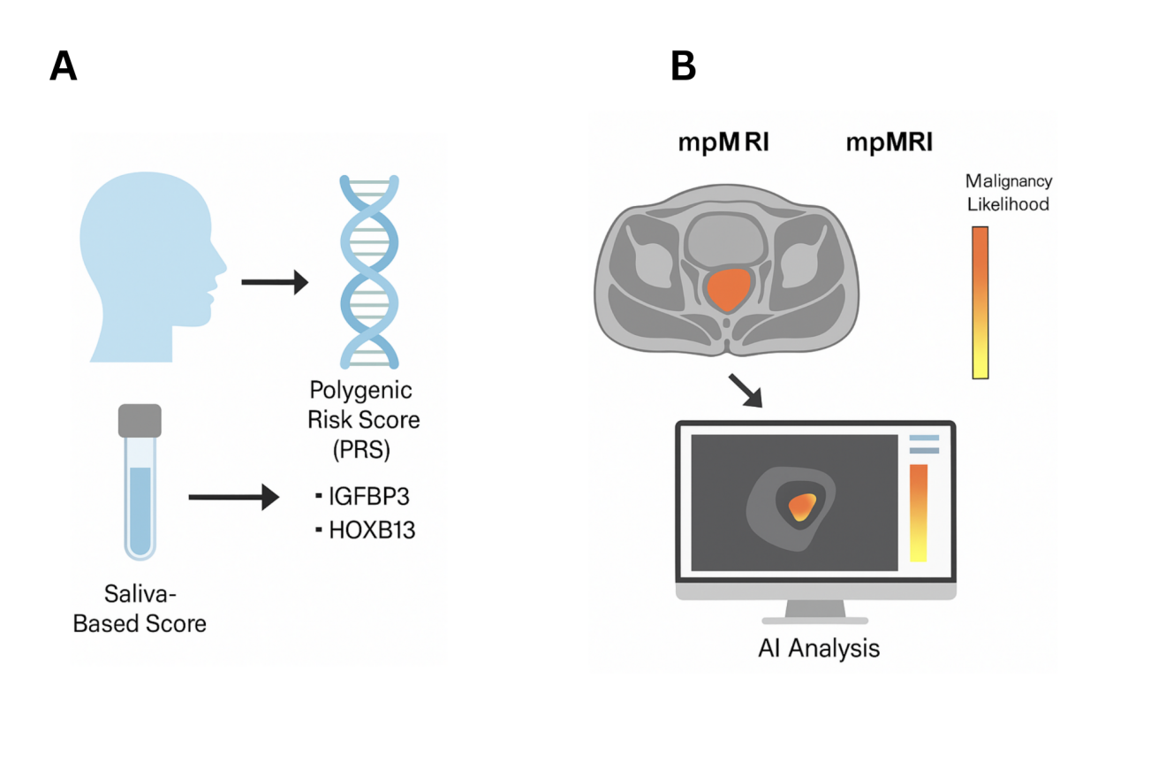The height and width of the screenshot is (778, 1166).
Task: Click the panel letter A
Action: click(x=63, y=65)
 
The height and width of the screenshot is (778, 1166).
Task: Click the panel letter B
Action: click(x=683, y=65)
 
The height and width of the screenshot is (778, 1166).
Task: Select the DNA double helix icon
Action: click(x=369, y=271)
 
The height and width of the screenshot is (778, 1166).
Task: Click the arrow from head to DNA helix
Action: click(x=275, y=282)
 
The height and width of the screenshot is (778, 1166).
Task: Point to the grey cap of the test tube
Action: click(x=140, y=421)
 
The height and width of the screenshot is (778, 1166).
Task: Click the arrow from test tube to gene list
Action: click(x=234, y=497)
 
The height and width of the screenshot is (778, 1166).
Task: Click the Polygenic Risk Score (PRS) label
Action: click(x=363, y=419)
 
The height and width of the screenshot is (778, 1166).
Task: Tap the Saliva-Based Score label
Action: click(x=140, y=608)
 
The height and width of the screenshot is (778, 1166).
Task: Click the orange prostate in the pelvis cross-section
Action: click(x=728, y=289)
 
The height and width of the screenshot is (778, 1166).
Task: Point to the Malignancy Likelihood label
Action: click(x=1008, y=192)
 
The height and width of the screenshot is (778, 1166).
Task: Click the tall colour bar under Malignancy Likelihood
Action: click(x=980, y=302)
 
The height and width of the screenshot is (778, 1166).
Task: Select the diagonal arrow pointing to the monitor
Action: click(x=746, y=390)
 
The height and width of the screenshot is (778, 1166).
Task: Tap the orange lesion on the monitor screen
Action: click(x=802, y=507)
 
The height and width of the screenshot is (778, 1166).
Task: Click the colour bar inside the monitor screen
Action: click(x=919, y=513)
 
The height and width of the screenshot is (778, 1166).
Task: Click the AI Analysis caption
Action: click(x=819, y=648)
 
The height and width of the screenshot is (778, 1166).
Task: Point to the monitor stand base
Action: click(x=815, y=620)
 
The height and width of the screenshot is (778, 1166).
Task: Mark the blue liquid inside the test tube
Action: click(x=140, y=511)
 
